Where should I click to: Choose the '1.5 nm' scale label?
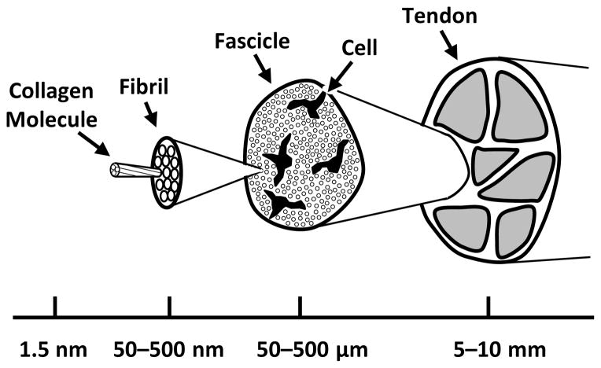click(x=53, y=348)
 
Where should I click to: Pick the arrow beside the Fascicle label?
click(x=267, y=73)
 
